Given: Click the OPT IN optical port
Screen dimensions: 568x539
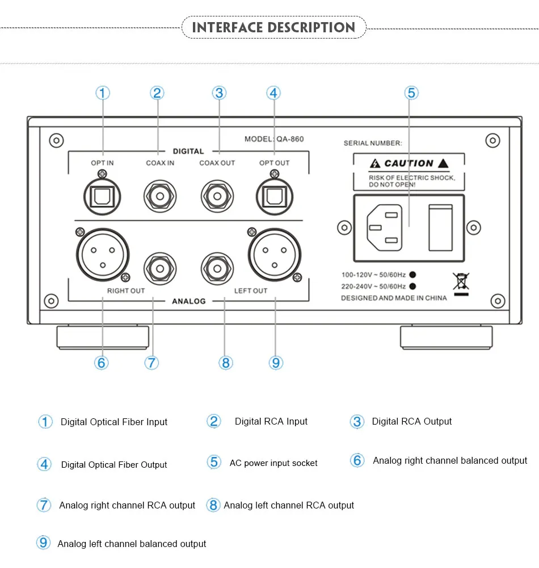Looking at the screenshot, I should coord(102,196).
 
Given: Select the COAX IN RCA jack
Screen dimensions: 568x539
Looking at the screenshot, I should coord(159,197).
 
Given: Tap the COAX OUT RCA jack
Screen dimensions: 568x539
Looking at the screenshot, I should coord(217,197).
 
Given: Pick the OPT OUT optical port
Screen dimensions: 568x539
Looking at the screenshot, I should coord(274,196).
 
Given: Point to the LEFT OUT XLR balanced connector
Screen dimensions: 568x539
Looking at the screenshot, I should coord(275,253).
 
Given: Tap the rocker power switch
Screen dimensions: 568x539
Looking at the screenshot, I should coord(440,227).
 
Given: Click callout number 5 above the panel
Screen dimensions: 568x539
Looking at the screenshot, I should coord(412,93).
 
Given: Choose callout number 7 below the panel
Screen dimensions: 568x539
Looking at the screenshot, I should coord(151,362).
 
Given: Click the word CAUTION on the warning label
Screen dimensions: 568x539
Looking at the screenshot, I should coord(409,163).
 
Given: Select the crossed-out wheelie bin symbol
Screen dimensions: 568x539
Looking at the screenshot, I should coord(461,282).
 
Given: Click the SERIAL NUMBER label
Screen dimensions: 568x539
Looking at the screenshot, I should coord(373,143).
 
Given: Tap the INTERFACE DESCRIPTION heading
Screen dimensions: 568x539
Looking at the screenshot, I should coord(273,27).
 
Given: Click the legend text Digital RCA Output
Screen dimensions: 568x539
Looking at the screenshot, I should coord(411,422).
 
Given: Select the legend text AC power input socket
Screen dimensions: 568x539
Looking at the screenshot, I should coord(273,463).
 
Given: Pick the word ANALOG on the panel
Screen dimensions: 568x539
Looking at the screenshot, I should coord(189,301).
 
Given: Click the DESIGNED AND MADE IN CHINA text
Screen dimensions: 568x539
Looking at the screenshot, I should coord(394,298).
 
